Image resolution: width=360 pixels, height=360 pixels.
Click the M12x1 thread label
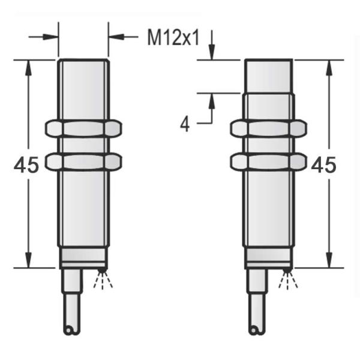(173, 38)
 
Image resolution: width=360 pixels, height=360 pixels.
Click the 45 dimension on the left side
(26, 165)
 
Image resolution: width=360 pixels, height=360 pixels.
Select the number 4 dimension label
(185, 124)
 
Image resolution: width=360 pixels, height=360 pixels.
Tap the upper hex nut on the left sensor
(83, 128)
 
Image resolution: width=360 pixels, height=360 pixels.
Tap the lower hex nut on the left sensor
(83, 160)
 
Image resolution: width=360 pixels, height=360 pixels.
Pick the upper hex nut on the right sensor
(269, 128)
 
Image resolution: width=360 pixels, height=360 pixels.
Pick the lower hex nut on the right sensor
(269, 160)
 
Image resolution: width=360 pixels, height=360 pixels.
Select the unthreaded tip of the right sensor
(269, 76)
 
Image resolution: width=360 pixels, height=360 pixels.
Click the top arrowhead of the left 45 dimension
(27, 66)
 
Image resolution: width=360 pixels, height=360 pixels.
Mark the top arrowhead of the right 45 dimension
(328, 66)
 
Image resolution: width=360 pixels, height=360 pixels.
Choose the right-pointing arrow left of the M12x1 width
(53, 37)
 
